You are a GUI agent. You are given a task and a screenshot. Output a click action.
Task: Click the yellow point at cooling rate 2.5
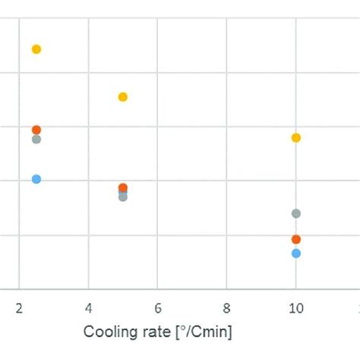click(36, 49)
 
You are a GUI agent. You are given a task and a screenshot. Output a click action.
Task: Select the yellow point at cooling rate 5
click(123, 96)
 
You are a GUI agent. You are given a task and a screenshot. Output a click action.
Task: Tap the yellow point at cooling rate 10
click(296, 137)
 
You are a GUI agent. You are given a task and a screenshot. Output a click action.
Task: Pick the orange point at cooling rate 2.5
click(36, 130)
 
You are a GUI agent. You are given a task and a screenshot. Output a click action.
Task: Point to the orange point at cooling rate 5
click(123, 188)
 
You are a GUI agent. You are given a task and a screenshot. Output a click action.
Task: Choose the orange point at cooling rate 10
click(296, 239)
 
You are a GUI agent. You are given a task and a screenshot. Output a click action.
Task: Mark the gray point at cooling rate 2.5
click(36, 140)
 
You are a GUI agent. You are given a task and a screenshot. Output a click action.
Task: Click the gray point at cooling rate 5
click(123, 197)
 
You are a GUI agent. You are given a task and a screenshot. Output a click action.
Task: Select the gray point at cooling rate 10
click(296, 213)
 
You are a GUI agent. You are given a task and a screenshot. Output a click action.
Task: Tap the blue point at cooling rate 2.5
click(36, 179)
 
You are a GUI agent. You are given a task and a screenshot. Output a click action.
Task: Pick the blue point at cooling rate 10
click(296, 254)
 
